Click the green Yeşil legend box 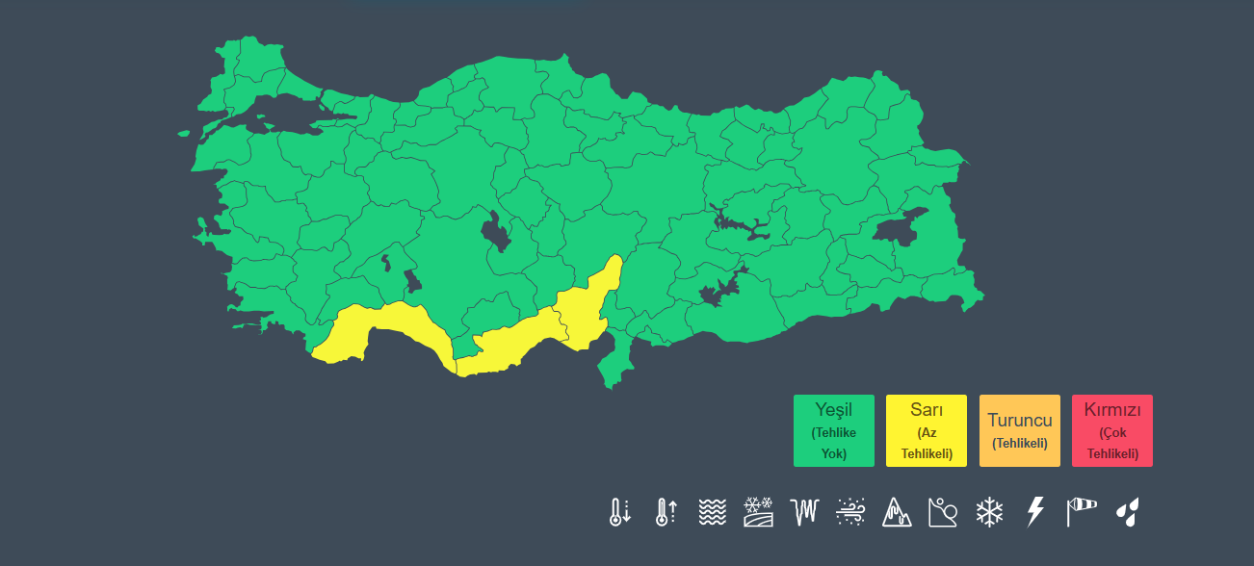834,430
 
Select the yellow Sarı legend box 927,430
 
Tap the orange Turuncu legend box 1019,430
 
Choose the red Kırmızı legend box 1111,430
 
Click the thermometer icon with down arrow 619,511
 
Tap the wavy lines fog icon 712,511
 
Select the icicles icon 804,511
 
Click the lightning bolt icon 1035,511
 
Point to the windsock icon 1082,511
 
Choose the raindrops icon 1128,511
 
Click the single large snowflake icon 989,511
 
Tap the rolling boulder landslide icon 943,511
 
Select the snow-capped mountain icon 897,511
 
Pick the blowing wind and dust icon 850,511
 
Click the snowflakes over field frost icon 758,511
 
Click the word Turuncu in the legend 1019,420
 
